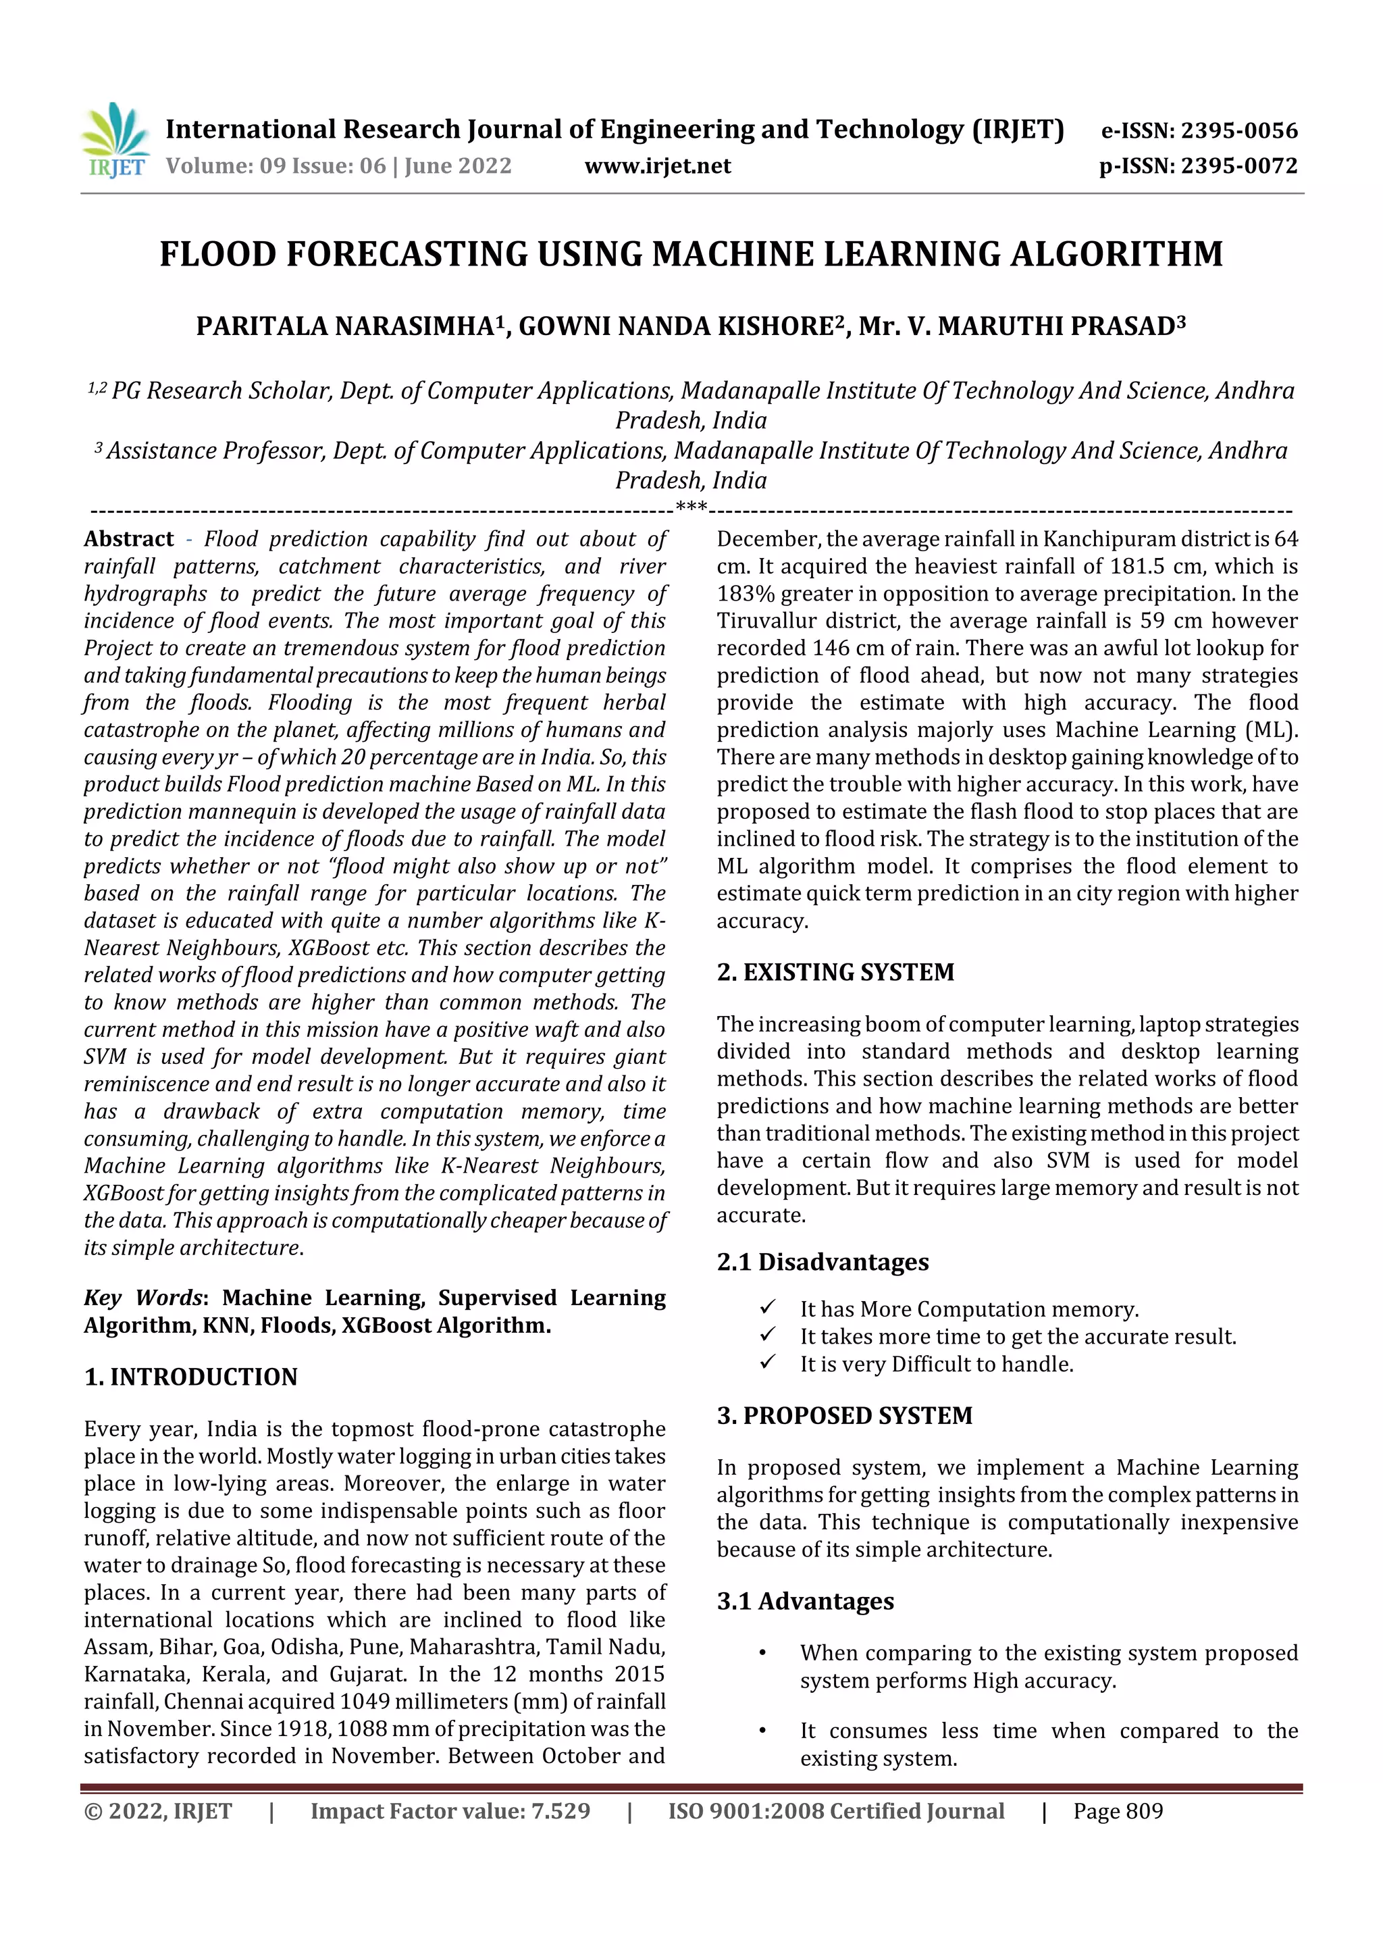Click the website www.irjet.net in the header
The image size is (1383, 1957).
click(657, 166)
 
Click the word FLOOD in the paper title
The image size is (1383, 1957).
click(218, 254)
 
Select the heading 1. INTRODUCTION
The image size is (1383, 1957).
click(191, 1377)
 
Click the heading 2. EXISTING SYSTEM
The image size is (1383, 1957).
click(835, 973)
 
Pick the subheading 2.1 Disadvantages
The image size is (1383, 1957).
click(823, 1263)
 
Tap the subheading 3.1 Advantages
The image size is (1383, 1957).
click(805, 1602)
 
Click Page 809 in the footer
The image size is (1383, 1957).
click(1118, 1811)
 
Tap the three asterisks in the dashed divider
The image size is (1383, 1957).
click(690, 508)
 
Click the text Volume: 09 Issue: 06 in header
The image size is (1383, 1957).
click(276, 166)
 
